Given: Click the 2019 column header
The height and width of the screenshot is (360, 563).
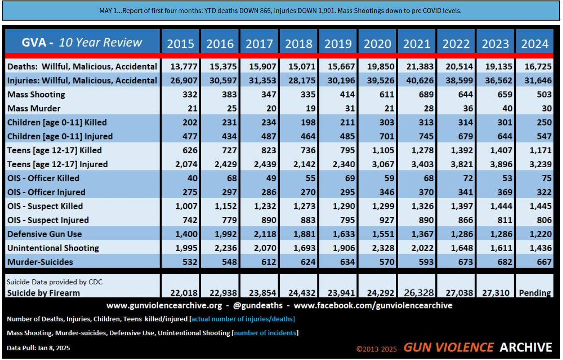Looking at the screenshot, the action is coord(338,44).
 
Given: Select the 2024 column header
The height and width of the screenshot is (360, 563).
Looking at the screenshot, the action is coord(535,44).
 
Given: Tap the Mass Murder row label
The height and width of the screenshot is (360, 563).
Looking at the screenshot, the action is coord(34,108).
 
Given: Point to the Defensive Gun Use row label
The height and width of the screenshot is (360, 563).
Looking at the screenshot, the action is coord(44,234).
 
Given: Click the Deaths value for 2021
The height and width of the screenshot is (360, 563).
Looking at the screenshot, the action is coord(420,67).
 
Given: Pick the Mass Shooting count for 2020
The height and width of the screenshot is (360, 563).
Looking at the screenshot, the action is coord(386,95).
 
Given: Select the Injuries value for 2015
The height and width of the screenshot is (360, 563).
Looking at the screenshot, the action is coord(184,80).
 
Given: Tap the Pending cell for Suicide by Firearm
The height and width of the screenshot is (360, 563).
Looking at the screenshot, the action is coord(535,293).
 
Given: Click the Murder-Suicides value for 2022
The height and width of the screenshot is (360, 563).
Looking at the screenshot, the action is coord(465,262).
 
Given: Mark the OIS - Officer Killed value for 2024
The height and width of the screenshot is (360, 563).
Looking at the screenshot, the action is coord(547,178).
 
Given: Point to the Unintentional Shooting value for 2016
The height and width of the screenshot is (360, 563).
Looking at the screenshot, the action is coord(223,248).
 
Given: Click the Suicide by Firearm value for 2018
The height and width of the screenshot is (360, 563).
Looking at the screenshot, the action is coord(302,293).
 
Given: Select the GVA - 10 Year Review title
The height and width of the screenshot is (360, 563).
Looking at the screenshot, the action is coord(82,43).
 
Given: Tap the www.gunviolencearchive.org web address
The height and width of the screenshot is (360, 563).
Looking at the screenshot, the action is coord(164,305).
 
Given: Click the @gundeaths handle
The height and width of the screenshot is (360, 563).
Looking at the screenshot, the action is coord(258,305).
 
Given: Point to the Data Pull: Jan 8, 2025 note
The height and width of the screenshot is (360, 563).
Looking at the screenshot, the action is coord(39,348).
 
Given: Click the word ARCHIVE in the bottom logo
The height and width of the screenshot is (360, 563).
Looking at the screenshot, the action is coord(526,347).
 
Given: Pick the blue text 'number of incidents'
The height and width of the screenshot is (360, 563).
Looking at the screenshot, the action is coord(265,333).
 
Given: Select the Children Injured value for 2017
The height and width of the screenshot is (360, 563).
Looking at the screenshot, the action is coord(269,136).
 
